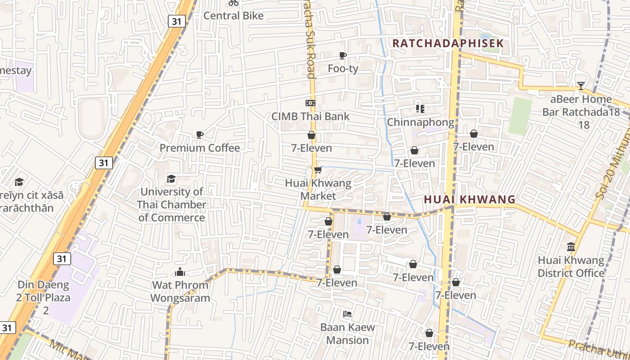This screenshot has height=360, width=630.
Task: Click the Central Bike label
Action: click(x=234, y=16)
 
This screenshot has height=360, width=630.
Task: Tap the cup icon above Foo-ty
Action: click(x=343, y=55)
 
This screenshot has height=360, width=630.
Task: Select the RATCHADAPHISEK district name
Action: click(x=448, y=44)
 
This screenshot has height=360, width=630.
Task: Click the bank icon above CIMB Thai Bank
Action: click(x=310, y=103)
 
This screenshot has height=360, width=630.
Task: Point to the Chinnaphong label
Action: click(x=420, y=122)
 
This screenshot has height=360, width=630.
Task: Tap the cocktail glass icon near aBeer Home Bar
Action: click(x=581, y=85)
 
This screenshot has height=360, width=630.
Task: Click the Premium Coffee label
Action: click(x=200, y=148)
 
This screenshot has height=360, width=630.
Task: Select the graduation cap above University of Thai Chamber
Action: click(x=171, y=179)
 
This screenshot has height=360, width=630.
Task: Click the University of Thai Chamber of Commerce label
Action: click(x=171, y=205)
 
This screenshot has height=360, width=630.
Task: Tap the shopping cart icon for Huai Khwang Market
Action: click(x=318, y=170)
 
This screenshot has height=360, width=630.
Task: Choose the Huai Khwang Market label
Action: click(x=318, y=190)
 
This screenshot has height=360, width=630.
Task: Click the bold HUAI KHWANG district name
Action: click(x=470, y=199)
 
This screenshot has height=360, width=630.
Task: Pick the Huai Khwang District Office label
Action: click(x=571, y=267)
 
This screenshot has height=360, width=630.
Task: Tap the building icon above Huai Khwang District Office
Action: click(x=571, y=247)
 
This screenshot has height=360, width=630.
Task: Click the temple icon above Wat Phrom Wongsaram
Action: click(x=180, y=272)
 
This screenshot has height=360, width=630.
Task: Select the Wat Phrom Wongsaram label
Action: click(x=180, y=292)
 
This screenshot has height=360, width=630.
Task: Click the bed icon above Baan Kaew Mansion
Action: click(x=347, y=314)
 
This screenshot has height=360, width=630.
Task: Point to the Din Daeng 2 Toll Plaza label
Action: click(x=44, y=297)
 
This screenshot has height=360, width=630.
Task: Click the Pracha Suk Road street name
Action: click(x=310, y=38)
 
